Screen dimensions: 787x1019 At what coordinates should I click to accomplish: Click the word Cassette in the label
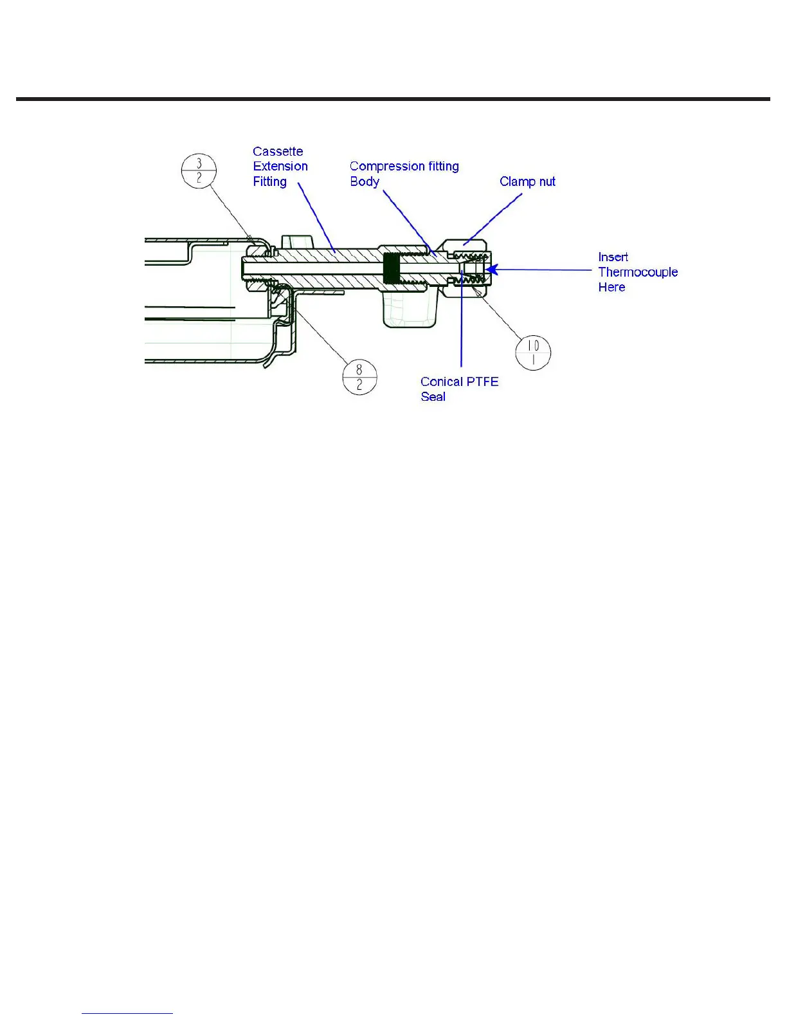pyautogui.click(x=278, y=152)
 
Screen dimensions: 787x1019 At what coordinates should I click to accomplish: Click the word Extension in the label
pyautogui.click(x=280, y=167)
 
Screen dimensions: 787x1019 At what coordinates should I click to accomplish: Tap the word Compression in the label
pyautogui.click(x=387, y=167)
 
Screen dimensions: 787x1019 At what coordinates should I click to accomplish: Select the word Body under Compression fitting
pyautogui.click(x=365, y=182)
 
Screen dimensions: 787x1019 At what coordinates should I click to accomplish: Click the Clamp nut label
pyautogui.click(x=527, y=182)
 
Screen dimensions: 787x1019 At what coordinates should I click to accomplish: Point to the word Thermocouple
pyautogui.click(x=638, y=272)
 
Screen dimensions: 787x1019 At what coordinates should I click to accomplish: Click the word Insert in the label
pyautogui.click(x=613, y=257)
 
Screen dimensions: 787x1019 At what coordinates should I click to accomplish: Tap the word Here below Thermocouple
pyautogui.click(x=611, y=288)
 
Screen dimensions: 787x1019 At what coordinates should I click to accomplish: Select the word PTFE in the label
pyautogui.click(x=482, y=382)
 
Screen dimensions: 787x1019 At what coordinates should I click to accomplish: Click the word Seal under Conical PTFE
pyautogui.click(x=433, y=397)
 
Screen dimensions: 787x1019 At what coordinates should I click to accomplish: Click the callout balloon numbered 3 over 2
pyautogui.click(x=199, y=171)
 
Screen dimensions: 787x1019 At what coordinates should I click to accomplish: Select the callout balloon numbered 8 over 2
pyautogui.click(x=359, y=378)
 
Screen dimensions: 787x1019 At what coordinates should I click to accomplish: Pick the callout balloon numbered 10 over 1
pyautogui.click(x=533, y=353)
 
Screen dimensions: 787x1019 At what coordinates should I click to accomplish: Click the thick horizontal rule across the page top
pyautogui.click(x=393, y=99)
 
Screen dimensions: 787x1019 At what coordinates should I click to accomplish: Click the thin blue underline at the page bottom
pyautogui.click(x=127, y=1014)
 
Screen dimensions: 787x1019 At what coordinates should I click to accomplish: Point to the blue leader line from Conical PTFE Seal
pyautogui.click(x=462, y=322)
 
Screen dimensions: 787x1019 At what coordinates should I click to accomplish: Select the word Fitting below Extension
pyautogui.click(x=269, y=182)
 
